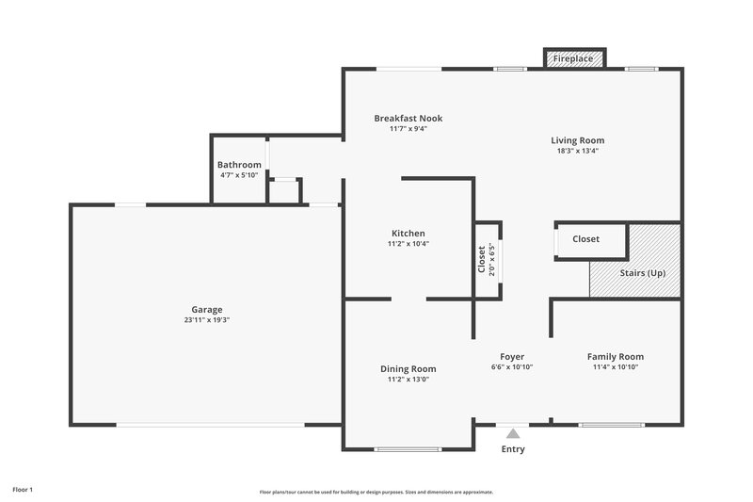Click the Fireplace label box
point(573,58)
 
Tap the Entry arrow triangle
point(513,433)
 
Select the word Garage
point(207,309)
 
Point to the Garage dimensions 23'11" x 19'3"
point(207,320)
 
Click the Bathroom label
point(239,165)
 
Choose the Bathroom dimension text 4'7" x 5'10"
point(239,175)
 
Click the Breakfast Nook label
point(408,118)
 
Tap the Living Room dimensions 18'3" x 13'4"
point(577,151)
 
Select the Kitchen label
point(409,233)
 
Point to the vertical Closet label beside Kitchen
point(481,259)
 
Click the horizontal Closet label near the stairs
point(585,239)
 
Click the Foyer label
point(512,356)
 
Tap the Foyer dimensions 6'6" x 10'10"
point(512,367)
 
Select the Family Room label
point(616,356)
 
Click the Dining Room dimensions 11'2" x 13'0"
point(409,380)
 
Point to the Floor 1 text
point(23,490)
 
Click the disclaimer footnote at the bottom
point(376,492)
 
